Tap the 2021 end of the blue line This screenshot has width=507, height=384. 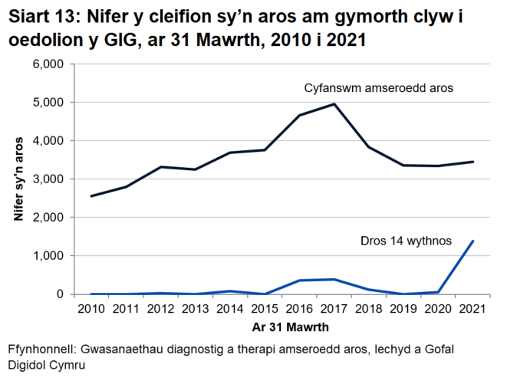click(x=473, y=241)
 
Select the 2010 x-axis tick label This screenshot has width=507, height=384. click(x=91, y=309)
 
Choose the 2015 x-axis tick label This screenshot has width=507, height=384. click(x=265, y=309)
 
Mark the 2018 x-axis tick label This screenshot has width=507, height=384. click(x=369, y=309)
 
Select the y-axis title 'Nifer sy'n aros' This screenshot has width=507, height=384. click(x=17, y=179)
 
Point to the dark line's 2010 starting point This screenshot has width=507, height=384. click(x=91, y=196)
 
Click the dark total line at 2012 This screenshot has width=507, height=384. click(x=161, y=167)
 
